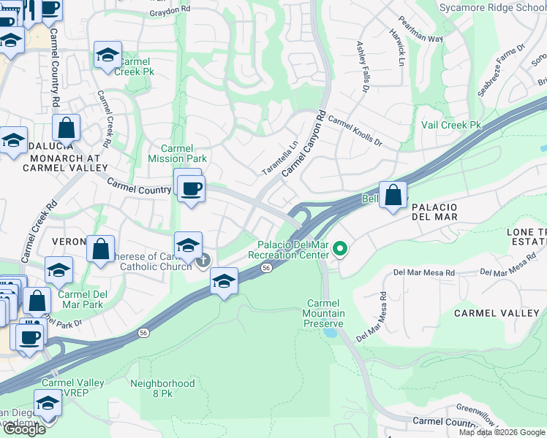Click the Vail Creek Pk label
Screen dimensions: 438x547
(451, 126)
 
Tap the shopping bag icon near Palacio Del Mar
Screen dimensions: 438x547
(393, 195)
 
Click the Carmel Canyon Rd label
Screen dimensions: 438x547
(303, 143)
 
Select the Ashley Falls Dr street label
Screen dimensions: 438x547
(361, 66)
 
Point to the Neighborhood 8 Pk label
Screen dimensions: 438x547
(162, 388)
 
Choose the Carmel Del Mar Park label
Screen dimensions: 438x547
(80, 299)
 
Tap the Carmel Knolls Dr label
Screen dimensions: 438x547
(355, 129)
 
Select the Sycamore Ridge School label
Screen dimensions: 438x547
(492, 8)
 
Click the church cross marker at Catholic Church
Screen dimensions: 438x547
(204, 259)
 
